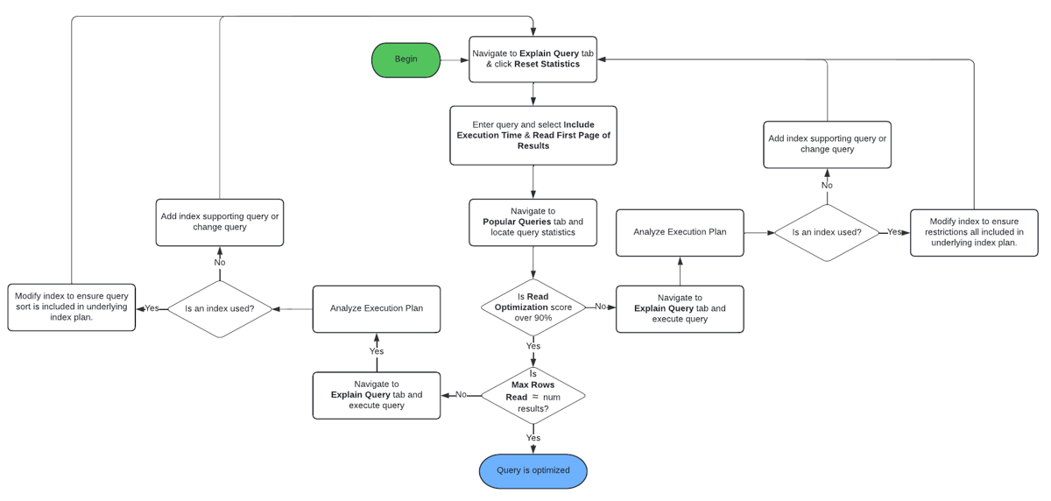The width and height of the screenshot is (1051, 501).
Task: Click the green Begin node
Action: point(406,60)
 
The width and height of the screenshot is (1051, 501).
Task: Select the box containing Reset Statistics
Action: point(533,60)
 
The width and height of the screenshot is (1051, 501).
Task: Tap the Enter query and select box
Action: point(533,136)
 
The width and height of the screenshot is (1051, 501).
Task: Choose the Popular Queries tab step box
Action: point(533,222)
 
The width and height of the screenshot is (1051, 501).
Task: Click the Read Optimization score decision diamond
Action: point(533,307)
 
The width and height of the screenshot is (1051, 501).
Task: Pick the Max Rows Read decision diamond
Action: point(533,396)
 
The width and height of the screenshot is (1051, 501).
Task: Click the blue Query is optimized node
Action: point(533,471)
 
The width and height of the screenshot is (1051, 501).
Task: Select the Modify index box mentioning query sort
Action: point(71,307)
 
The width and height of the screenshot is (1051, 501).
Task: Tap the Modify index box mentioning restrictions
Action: point(974,232)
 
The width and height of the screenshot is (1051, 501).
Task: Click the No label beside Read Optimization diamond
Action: point(601,307)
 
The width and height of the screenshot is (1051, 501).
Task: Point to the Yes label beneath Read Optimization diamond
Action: point(533,347)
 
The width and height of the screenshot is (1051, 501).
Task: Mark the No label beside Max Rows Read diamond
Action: point(461,395)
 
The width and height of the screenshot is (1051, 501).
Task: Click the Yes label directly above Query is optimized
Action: point(533,438)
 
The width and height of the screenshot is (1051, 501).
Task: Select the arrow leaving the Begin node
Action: point(455,60)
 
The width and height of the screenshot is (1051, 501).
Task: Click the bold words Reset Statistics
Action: point(547,65)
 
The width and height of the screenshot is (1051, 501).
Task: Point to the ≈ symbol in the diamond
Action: point(537,397)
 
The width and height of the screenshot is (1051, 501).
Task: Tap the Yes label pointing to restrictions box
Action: point(894,232)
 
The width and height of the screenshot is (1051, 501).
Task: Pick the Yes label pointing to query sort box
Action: point(152,308)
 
